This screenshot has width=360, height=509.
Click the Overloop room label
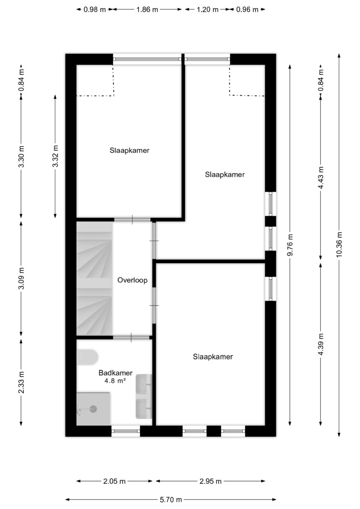click(132, 280)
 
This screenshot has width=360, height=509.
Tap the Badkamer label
click(115, 373)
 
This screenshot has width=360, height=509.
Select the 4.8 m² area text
click(115, 381)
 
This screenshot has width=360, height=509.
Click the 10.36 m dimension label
click(339, 244)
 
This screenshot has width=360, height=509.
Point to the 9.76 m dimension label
click(290, 245)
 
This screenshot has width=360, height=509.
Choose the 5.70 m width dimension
click(171, 500)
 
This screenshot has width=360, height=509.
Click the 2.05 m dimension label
click(114, 481)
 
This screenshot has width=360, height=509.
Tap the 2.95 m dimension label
click(210, 481)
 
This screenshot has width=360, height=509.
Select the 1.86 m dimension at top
click(147, 9)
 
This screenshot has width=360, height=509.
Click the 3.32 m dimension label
click(55, 156)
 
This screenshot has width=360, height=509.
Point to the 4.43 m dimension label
click(321, 178)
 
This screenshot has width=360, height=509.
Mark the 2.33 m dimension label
click(21, 382)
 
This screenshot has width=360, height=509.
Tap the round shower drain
click(94, 409)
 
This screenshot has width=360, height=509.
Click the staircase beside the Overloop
click(94, 278)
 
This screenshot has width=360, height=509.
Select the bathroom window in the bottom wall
click(126, 431)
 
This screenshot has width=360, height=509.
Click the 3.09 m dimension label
click(21, 279)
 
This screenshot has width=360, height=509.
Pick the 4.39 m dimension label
click(321, 344)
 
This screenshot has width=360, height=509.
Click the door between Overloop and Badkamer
click(131, 337)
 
